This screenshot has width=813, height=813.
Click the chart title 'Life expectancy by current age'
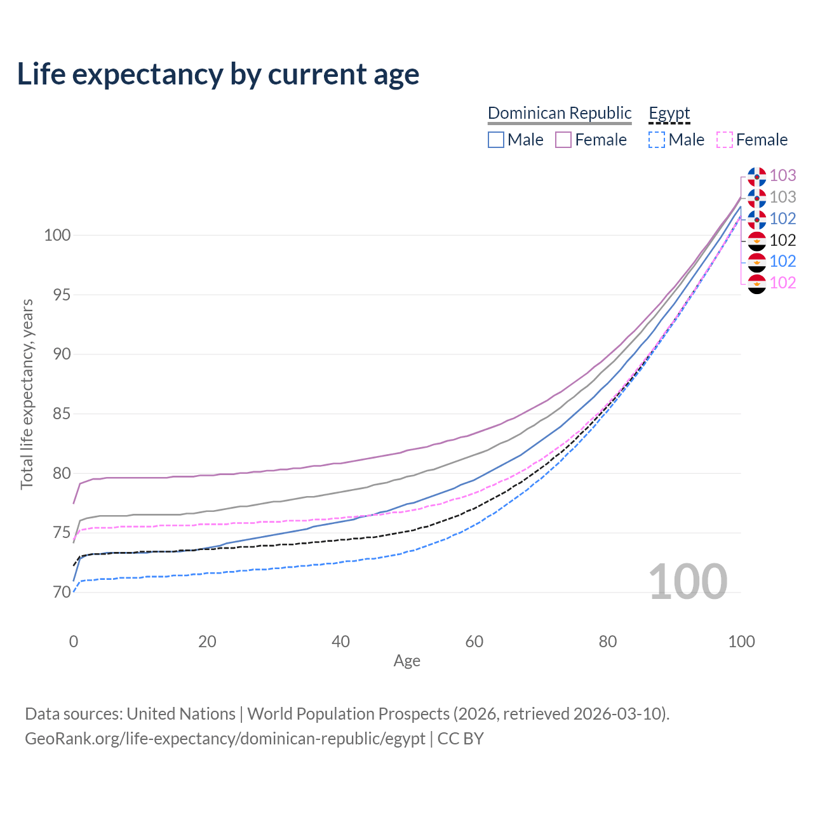click(218, 74)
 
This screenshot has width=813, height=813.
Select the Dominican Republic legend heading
click(560, 113)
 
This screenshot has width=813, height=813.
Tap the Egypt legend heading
click(669, 113)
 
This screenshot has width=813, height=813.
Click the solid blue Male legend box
click(495, 140)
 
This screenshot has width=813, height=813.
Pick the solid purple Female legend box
click(563, 140)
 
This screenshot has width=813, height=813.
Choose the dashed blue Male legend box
click(657, 140)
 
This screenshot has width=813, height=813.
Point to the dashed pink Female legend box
click(725, 140)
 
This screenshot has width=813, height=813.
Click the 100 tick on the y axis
click(57, 235)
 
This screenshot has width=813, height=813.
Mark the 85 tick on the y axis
click(62, 414)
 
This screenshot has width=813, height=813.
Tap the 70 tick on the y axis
click(62, 593)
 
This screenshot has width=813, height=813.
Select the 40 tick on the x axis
click(340, 642)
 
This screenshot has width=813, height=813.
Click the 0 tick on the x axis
click(74, 642)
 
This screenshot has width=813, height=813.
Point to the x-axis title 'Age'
click(406, 661)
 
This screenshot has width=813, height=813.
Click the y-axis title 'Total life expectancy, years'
click(27, 394)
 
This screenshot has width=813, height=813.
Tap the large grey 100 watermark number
click(688, 582)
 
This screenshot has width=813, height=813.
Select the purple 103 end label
click(783, 175)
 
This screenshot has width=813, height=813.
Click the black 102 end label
click(783, 240)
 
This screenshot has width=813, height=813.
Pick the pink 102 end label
click(783, 283)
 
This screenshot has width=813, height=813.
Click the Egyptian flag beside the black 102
click(757, 241)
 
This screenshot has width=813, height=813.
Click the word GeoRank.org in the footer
click(74, 739)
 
